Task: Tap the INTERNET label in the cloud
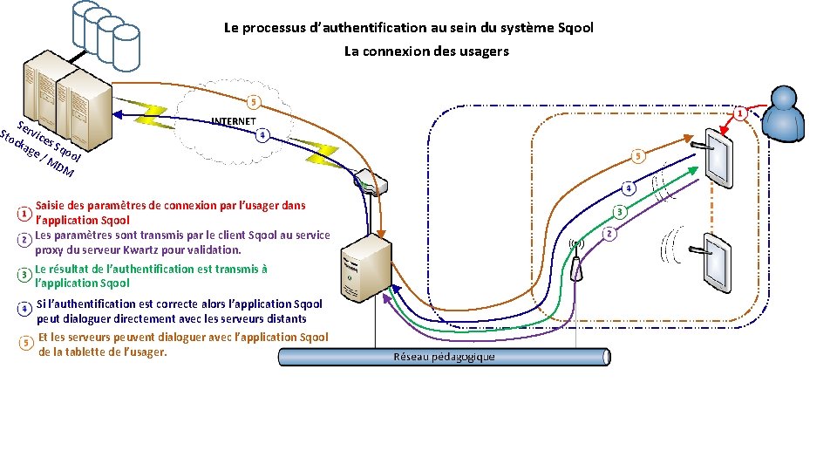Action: tap(235, 120)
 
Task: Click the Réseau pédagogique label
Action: tap(444, 357)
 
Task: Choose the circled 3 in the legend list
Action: tap(24, 276)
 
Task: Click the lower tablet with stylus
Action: tap(718, 259)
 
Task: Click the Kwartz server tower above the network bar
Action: tap(364, 270)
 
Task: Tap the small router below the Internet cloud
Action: tap(371, 185)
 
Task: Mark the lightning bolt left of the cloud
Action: tap(153, 113)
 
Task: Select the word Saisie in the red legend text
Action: tap(51, 206)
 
